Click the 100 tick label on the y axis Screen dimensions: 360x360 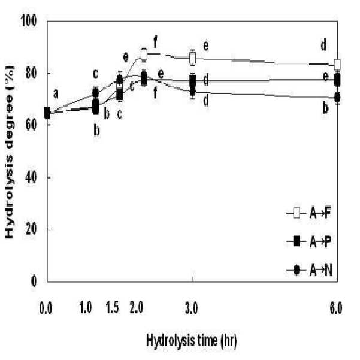[x=29, y=20]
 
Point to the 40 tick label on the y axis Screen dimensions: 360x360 [x=31, y=177]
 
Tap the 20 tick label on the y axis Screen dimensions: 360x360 [x=31, y=229]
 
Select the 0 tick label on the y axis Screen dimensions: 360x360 [x=34, y=281]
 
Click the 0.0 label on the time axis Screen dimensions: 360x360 [x=46, y=308]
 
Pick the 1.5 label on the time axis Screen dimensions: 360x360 [x=112, y=308]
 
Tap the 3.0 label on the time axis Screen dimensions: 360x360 [x=191, y=308]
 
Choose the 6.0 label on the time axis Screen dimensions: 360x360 [x=336, y=308]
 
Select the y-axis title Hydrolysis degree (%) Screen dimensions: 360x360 [x=9, y=152]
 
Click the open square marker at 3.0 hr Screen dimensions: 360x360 [x=193, y=58]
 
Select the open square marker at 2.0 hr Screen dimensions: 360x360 [x=144, y=54]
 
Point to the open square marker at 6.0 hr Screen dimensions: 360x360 [x=337, y=64]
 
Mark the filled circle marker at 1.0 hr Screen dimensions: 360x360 [x=95, y=93]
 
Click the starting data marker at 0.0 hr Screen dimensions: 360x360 [x=47, y=113]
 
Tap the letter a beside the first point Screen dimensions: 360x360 [x=56, y=94]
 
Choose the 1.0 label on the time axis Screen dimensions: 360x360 [x=86, y=308]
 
